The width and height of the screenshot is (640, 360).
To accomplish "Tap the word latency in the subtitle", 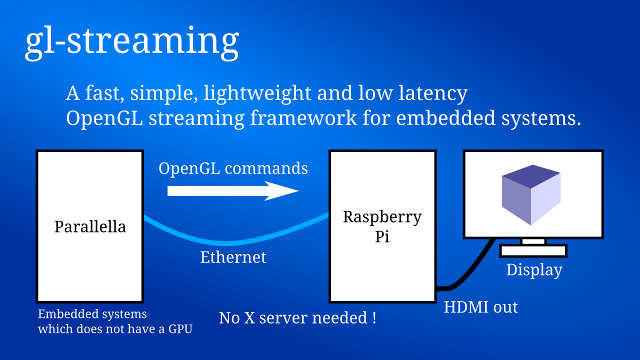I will point(431,94).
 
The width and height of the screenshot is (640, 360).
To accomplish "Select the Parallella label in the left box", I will point(90,226).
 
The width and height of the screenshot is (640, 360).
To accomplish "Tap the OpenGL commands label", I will point(233,168).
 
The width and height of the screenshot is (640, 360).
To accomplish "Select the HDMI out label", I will point(481,307).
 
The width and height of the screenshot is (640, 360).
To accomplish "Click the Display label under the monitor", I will point(534,270).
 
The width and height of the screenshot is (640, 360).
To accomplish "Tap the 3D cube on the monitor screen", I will point(531,195).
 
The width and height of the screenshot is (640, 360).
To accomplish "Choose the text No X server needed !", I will point(298,319).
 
